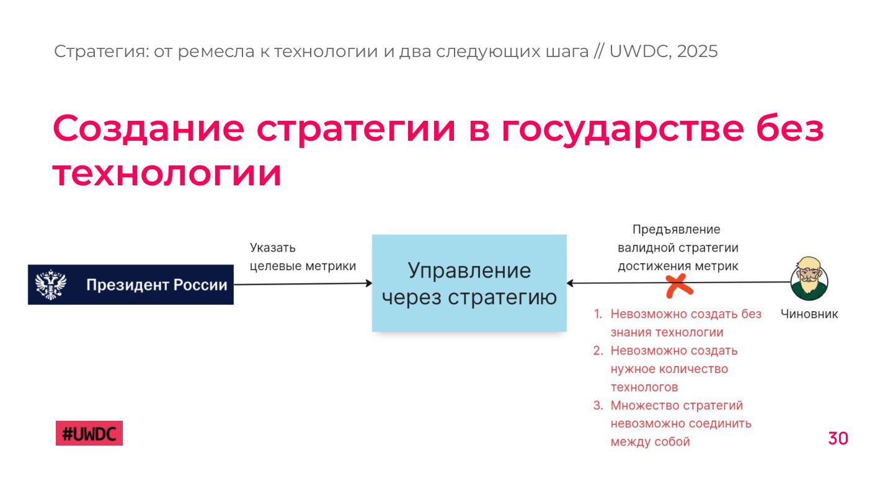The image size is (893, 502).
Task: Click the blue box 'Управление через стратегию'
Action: pyautogui.click(x=469, y=283)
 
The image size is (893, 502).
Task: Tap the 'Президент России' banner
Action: pyautogui.click(x=131, y=285)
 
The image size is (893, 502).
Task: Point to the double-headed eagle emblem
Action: pyautogui.click(x=51, y=284)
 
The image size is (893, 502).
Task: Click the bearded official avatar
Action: pyautogui.click(x=809, y=279)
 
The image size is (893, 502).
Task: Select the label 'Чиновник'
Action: pyautogui.click(x=809, y=314)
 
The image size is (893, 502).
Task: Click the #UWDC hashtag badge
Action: pyautogui.click(x=89, y=433)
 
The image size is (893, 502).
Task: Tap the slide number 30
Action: pyautogui.click(x=838, y=439)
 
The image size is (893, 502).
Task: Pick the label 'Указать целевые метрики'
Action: pyautogui.click(x=303, y=257)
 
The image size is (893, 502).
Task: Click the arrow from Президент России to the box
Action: pyautogui.click(x=303, y=284)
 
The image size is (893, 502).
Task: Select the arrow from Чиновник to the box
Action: pyautogui.click(x=732, y=283)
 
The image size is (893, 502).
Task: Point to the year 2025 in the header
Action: pyautogui.click(x=697, y=51)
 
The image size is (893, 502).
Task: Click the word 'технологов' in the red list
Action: pyautogui.click(x=644, y=387)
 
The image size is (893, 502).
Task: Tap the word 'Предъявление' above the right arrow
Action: pyautogui.click(x=676, y=229)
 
